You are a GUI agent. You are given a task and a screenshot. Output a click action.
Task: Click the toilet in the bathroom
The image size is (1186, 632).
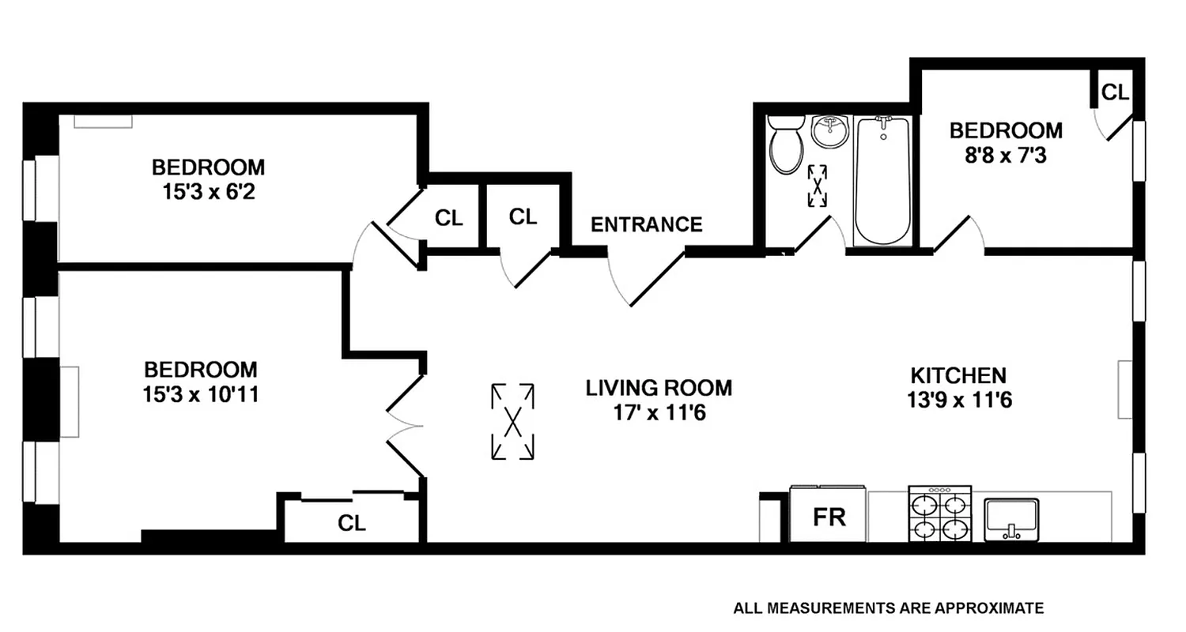point(785,146)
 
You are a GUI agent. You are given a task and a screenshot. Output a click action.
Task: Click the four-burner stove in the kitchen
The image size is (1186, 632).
point(939,514)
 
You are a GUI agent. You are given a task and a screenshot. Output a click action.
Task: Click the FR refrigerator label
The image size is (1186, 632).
point(829,517)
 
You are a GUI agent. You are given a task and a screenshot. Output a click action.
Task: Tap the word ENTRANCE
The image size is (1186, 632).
point(647,225)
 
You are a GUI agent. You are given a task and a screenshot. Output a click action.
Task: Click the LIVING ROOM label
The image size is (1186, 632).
point(659,388)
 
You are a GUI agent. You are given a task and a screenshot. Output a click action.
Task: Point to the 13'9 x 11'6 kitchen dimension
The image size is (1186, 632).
point(960,400)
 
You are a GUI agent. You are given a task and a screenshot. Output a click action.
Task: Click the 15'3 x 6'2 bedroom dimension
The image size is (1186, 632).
point(208,191)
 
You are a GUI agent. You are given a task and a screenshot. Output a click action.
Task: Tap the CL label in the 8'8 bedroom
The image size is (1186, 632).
point(1115,92)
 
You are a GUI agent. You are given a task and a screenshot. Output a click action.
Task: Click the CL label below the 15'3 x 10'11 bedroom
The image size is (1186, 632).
point(352,523)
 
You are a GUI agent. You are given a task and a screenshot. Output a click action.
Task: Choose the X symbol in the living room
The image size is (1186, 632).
point(512,421)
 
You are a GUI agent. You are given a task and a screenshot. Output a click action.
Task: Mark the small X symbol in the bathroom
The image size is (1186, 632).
point(818,186)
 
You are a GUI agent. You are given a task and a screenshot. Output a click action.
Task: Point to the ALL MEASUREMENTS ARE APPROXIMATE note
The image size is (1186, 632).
point(888,608)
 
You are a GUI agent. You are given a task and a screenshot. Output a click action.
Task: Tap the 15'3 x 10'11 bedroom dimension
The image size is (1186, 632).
point(201,393)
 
